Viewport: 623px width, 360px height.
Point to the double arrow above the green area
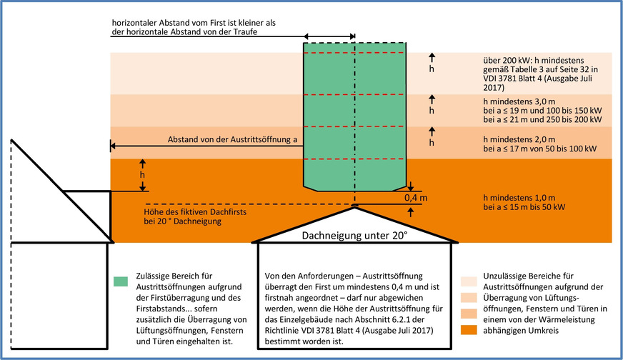pos(329,36)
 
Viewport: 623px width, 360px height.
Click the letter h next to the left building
pos(143,174)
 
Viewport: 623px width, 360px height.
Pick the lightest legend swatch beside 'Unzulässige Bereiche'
pos(468,279)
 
